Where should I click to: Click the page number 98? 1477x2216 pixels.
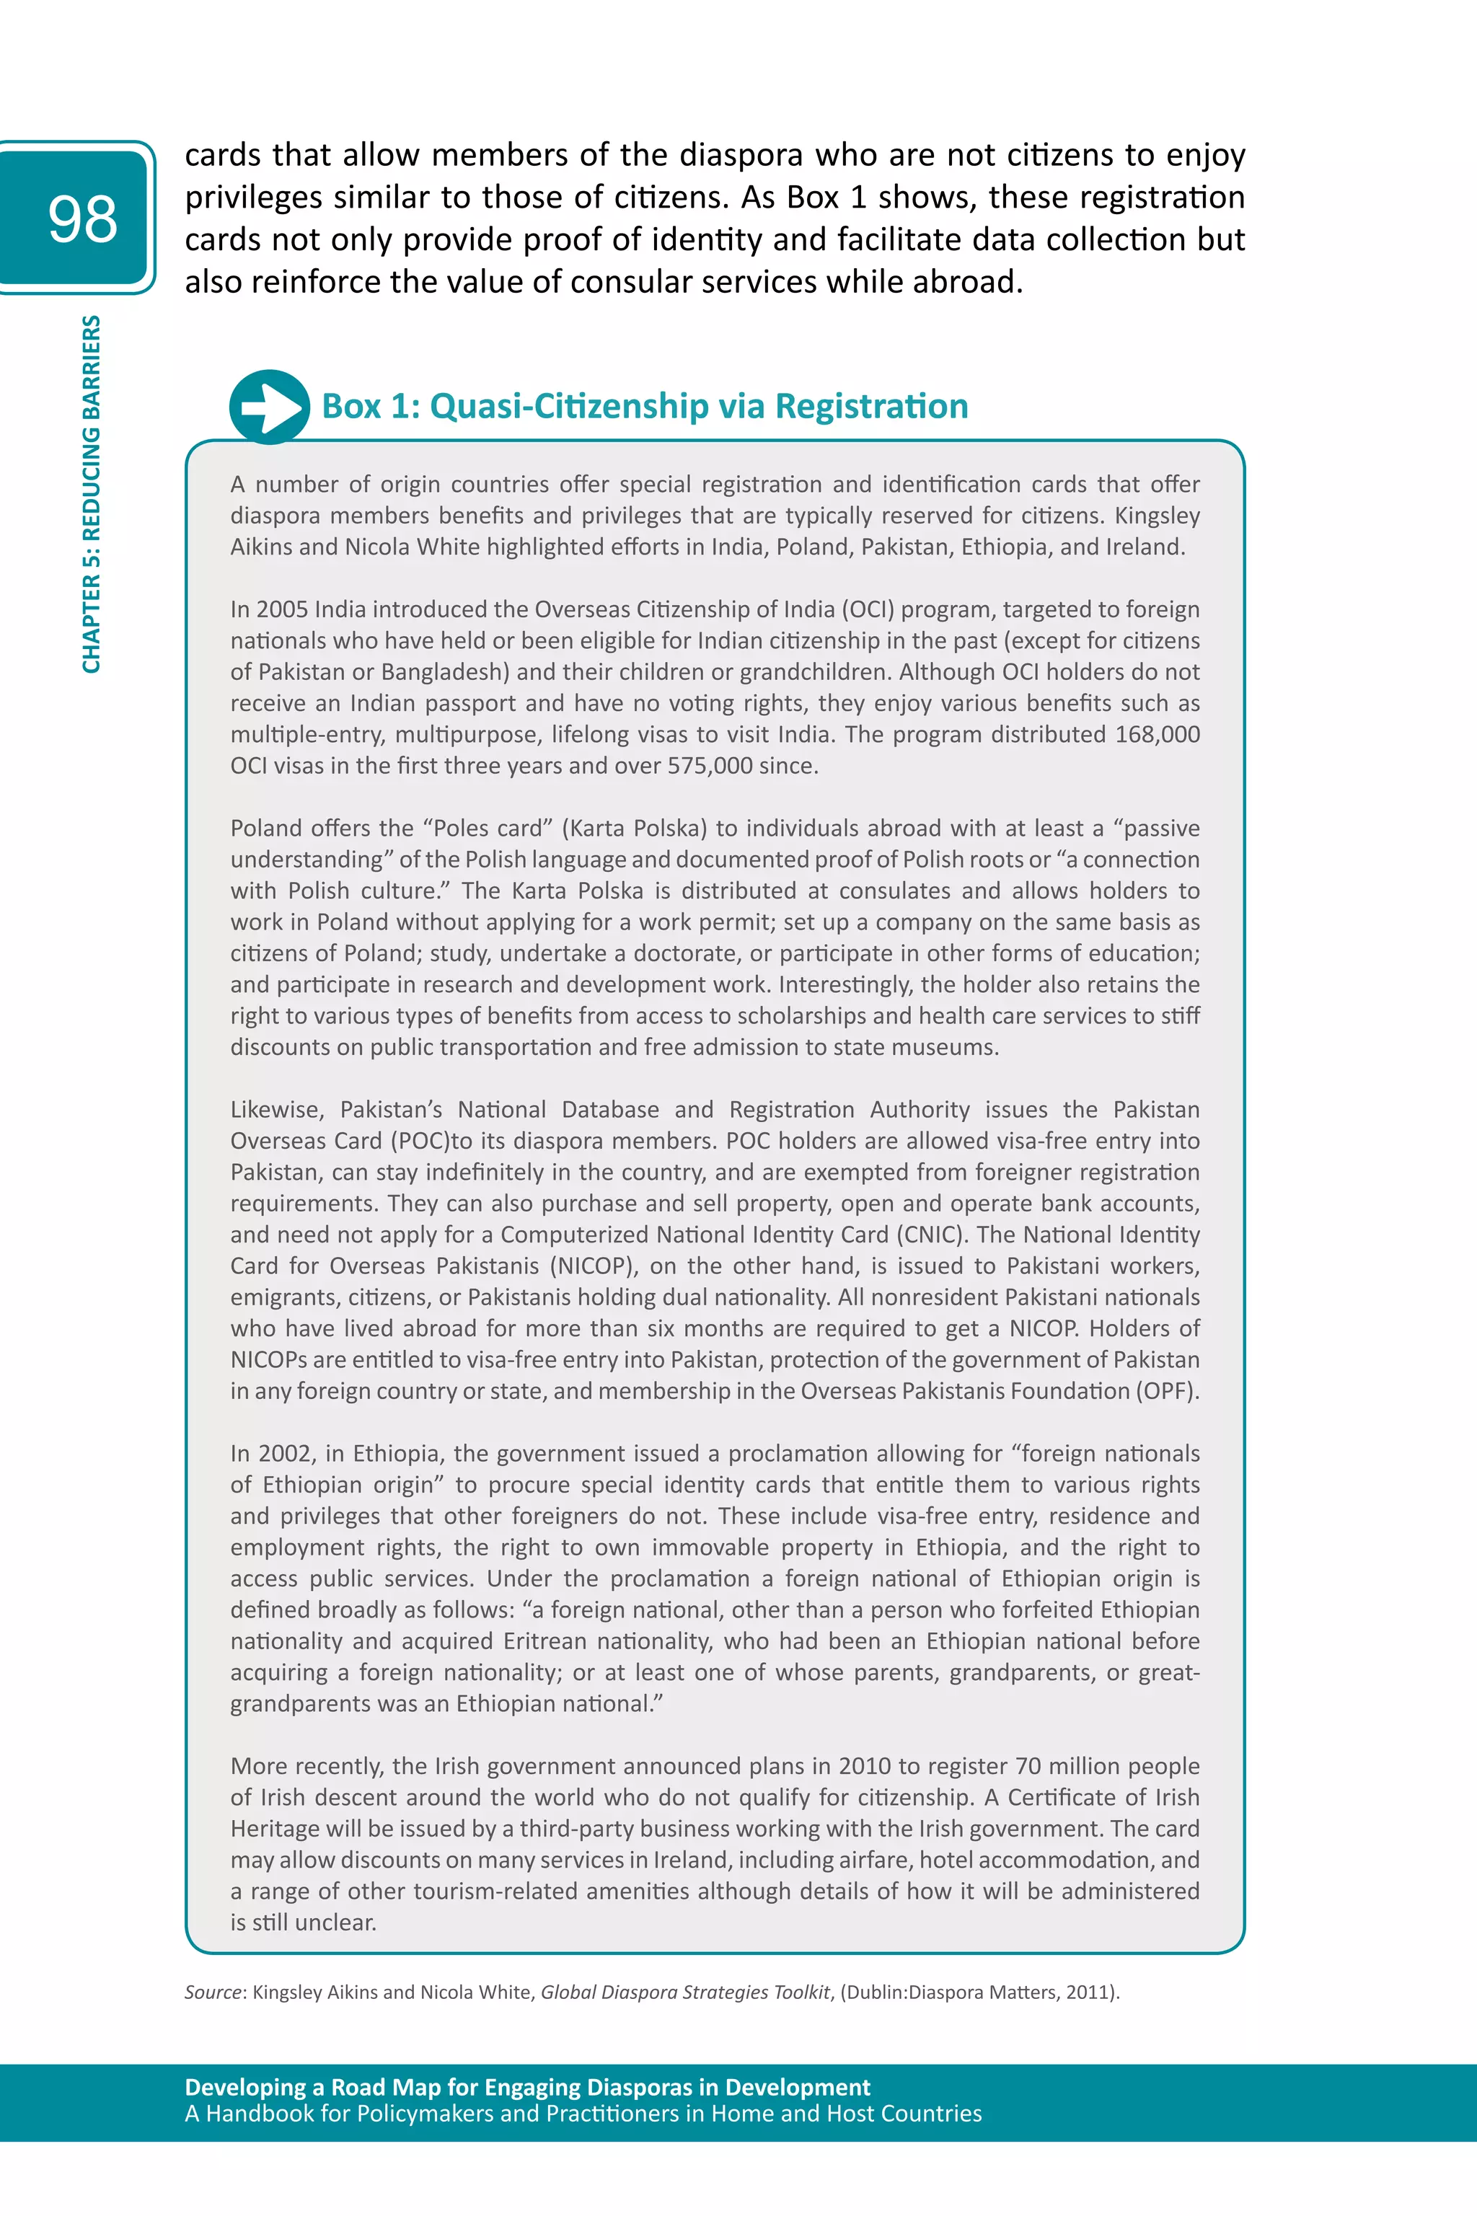83,218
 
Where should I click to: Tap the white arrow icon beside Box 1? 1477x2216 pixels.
268,407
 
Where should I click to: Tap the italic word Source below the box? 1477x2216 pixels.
213,1992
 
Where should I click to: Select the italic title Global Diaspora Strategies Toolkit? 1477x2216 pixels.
685,1992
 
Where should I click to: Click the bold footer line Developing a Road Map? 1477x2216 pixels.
527,2087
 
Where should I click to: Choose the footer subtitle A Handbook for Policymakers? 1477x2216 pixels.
582,2114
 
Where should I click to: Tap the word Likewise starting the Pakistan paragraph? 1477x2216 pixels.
277,1109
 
